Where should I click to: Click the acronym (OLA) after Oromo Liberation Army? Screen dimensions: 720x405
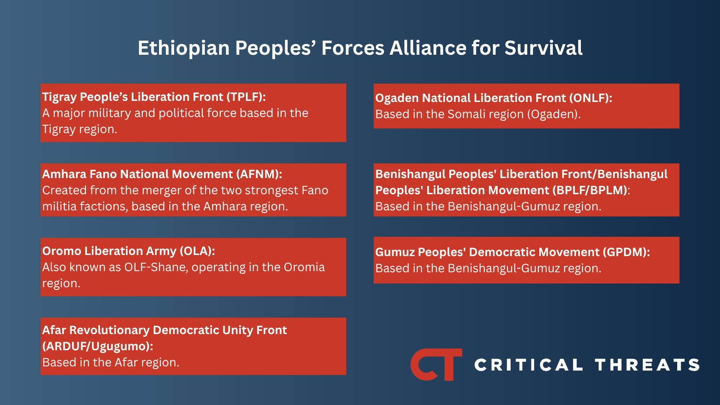pyautogui.click(x=197, y=251)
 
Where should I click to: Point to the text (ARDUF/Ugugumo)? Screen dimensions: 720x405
pyautogui.click(x=97, y=346)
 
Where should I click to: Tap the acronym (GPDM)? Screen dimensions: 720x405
pyautogui.click(x=626, y=252)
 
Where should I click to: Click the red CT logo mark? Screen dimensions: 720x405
pyautogui.click(x=436, y=364)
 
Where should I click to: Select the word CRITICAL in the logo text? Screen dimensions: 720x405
pyautogui.click(x=529, y=365)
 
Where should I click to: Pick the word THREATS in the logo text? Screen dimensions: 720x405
pyautogui.click(x=647, y=365)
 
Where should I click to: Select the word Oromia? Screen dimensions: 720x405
pyautogui.click(x=304, y=267)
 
